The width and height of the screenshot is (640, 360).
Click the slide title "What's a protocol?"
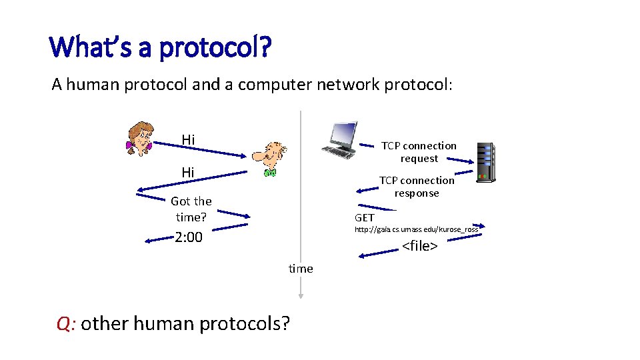pos(160,48)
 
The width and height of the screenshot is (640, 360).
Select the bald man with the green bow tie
pos(271,159)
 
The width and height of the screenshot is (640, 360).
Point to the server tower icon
pos(485,162)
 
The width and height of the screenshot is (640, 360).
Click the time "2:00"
pos(189,237)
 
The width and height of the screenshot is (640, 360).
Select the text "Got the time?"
pos(191,209)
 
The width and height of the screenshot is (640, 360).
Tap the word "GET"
pos(365,218)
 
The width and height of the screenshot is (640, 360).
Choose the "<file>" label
pos(419,246)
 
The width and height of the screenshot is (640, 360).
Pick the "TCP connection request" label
pos(419,152)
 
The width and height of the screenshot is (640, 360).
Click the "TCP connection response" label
pos(417,187)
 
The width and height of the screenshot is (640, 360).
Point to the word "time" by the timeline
pos(301,269)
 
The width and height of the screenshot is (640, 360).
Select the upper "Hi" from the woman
pos(189,139)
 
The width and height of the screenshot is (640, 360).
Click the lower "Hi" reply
pos(189,173)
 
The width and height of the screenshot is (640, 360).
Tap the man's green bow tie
pos(270,173)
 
